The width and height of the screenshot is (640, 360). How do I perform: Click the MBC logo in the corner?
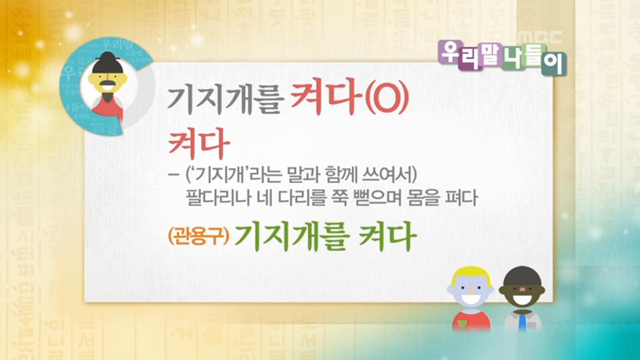[x=539, y=37]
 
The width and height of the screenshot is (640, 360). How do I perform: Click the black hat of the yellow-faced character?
[x=106, y=62]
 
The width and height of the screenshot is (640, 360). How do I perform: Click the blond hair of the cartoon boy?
[x=470, y=275]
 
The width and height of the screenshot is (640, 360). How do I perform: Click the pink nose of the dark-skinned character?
[x=523, y=288]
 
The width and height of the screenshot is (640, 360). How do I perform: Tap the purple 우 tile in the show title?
[x=449, y=52]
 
